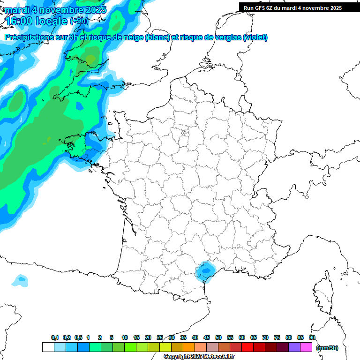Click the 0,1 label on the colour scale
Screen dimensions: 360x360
click(x=55, y=337)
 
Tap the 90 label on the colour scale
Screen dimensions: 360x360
click(x=312, y=337)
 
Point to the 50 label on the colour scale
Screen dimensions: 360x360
click(x=218, y=337)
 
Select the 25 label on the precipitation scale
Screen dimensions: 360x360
click(x=160, y=337)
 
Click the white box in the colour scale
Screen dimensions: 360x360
click(x=48, y=347)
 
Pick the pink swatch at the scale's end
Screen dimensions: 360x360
click(x=306, y=347)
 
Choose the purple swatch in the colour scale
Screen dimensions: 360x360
click(x=294, y=347)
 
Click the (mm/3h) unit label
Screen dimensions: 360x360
click(x=327, y=348)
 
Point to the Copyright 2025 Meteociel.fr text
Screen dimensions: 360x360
click(x=199, y=357)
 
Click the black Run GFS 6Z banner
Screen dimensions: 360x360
click(x=292, y=7)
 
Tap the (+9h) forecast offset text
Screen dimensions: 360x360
click(x=79, y=21)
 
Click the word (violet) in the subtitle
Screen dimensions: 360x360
click(x=255, y=37)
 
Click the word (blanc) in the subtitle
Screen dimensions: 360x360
click(x=157, y=37)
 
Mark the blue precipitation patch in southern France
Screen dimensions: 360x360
click(x=205, y=271)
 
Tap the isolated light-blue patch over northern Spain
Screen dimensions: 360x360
click(x=20, y=280)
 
